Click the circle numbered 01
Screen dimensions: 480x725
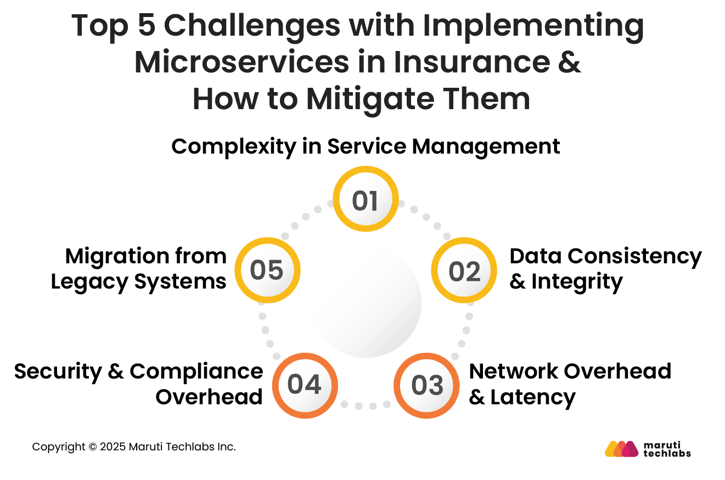tap(366, 200)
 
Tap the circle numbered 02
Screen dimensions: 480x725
tap(464, 271)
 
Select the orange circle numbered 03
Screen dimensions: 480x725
tap(427, 385)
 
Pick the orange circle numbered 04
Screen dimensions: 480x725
tap(305, 385)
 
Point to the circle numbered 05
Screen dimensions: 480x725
tap(267, 270)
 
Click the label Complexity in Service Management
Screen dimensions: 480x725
tap(366, 146)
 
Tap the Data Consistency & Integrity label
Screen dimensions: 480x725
tap(605, 269)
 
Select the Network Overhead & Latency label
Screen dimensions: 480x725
tap(570, 383)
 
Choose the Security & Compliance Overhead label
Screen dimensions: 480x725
tap(139, 383)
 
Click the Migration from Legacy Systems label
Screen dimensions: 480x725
tap(139, 269)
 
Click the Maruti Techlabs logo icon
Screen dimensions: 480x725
tap(621, 449)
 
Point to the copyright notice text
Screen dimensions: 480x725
tap(134, 447)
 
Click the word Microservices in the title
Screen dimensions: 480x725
tap(241, 63)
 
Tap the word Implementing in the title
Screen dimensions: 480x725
tap(523, 26)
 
